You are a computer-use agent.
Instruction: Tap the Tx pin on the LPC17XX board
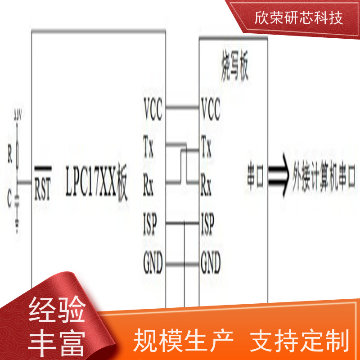tap(148, 148)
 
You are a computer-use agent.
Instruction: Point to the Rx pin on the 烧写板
tap(206, 184)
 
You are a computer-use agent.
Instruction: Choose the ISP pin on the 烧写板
tap(207, 223)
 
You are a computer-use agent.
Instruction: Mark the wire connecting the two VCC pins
tap(182, 108)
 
